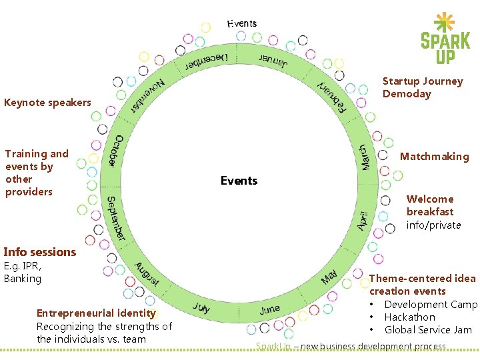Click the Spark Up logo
tap(445, 39)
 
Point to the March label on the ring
tap(365, 157)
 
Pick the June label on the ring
tap(270, 309)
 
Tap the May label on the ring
tap(329, 277)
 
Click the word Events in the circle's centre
tap(239, 181)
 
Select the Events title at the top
tap(242, 23)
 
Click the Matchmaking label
tap(434, 157)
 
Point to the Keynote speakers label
tap(47, 103)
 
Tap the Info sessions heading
tap(40, 252)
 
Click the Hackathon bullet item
tap(409, 317)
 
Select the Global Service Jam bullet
tap(427, 330)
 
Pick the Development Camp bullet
tap(431, 305)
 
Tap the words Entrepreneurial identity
tap(96, 313)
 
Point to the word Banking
tap(23, 279)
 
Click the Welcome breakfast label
tap(430, 205)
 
